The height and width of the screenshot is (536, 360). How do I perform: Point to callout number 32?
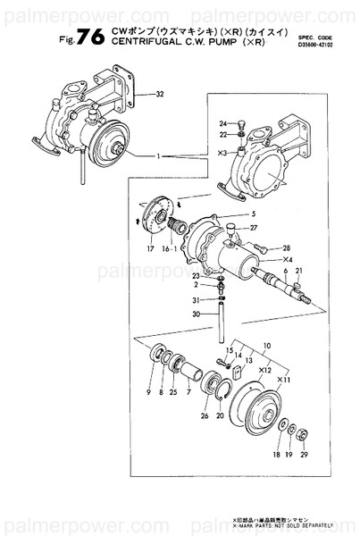click(x=160, y=94)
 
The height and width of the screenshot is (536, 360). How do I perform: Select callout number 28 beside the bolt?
click(x=287, y=247)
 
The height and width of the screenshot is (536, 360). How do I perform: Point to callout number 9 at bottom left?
click(x=148, y=392)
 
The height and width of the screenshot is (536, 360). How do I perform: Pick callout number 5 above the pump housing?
click(x=253, y=215)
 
